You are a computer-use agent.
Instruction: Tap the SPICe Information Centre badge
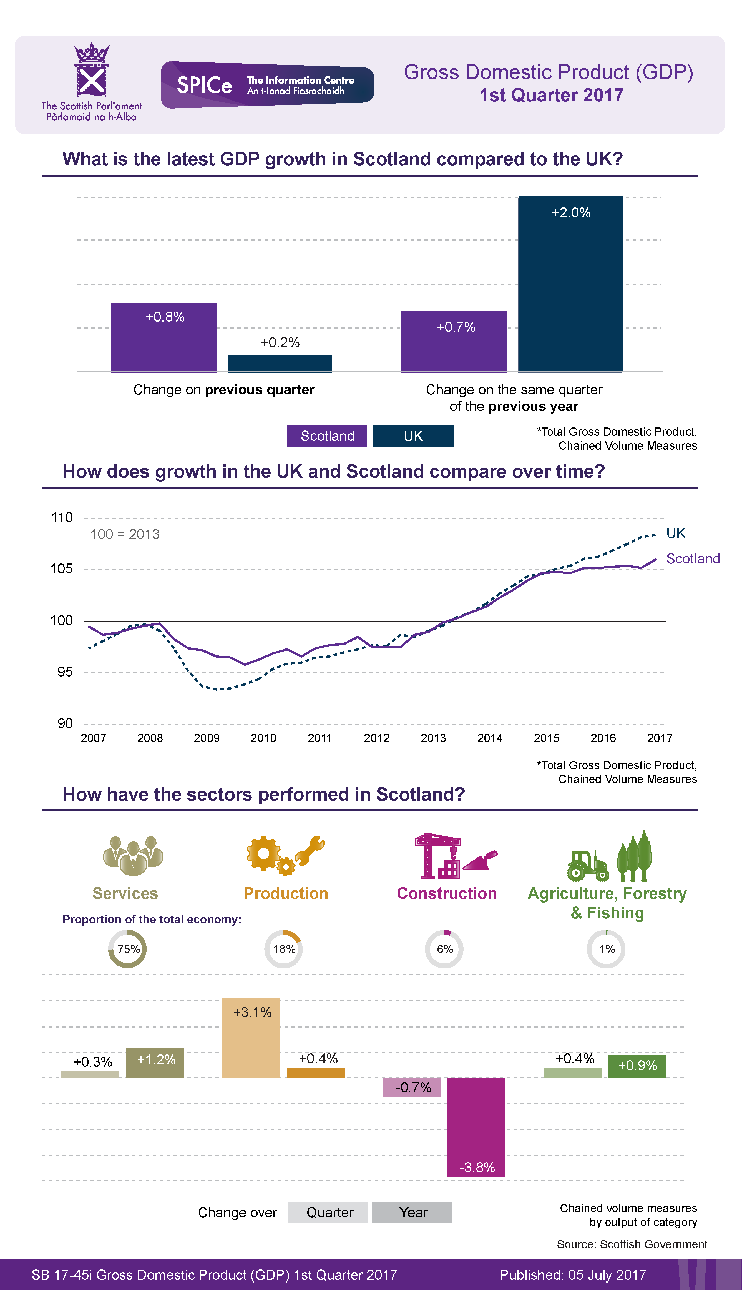(267, 85)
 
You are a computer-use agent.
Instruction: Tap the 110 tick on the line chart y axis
(62, 518)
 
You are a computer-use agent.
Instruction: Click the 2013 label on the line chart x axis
(433, 738)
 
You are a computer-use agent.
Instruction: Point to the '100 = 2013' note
(125, 534)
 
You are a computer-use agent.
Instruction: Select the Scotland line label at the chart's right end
(693, 558)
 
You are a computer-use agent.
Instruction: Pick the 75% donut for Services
(127, 949)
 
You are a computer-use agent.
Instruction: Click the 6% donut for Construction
(444, 949)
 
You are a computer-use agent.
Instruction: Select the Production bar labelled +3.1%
(251, 1038)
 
